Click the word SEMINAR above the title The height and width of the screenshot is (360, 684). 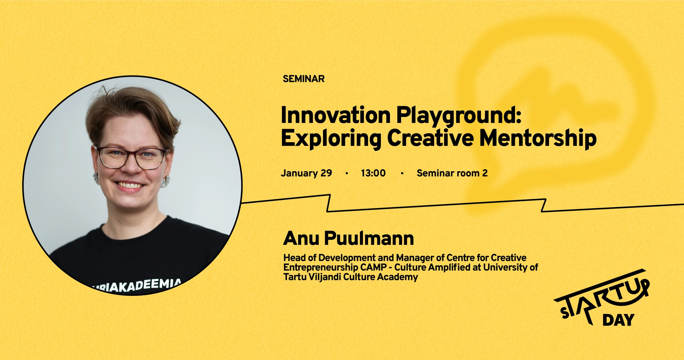click(x=304, y=79)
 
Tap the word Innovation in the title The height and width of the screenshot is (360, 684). click(x=336, y=115)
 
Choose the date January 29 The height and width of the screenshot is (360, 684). click(x=306, y=173)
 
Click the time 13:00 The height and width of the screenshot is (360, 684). click(x=373, y=173)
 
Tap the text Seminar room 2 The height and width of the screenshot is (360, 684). click(x=452, y=173)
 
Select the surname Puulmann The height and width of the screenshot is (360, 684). click(x=369, y=238)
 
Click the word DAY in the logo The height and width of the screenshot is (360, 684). click(x=618, y=320)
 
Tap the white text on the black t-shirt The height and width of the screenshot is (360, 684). click(x=137, y=286)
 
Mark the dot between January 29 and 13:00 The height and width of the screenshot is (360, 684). click(x=347, y=173)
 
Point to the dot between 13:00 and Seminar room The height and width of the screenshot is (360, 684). click(x=402, y=173)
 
